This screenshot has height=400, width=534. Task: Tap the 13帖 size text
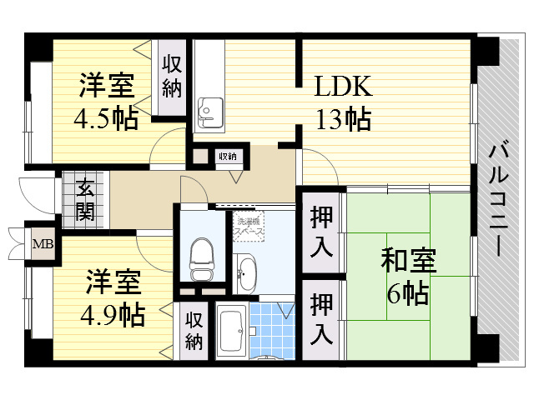click(342, 119)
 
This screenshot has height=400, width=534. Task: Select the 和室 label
click(408, 262)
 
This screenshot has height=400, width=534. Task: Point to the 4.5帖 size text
click(105, 118)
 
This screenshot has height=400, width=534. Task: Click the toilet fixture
click(201, 260)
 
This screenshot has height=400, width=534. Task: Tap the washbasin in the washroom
click(247, 273)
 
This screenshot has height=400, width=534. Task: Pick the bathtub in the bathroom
click(230, 331)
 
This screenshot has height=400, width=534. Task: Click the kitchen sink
click(209, 112)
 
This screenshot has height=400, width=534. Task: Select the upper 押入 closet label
click(323, 230)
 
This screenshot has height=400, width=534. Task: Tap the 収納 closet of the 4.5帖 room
click(173, 75)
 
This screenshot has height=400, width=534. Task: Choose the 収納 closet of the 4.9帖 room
click(194, 329)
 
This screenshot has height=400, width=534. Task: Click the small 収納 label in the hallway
click(228, 156)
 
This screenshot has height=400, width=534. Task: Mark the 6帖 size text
click(408, 293)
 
